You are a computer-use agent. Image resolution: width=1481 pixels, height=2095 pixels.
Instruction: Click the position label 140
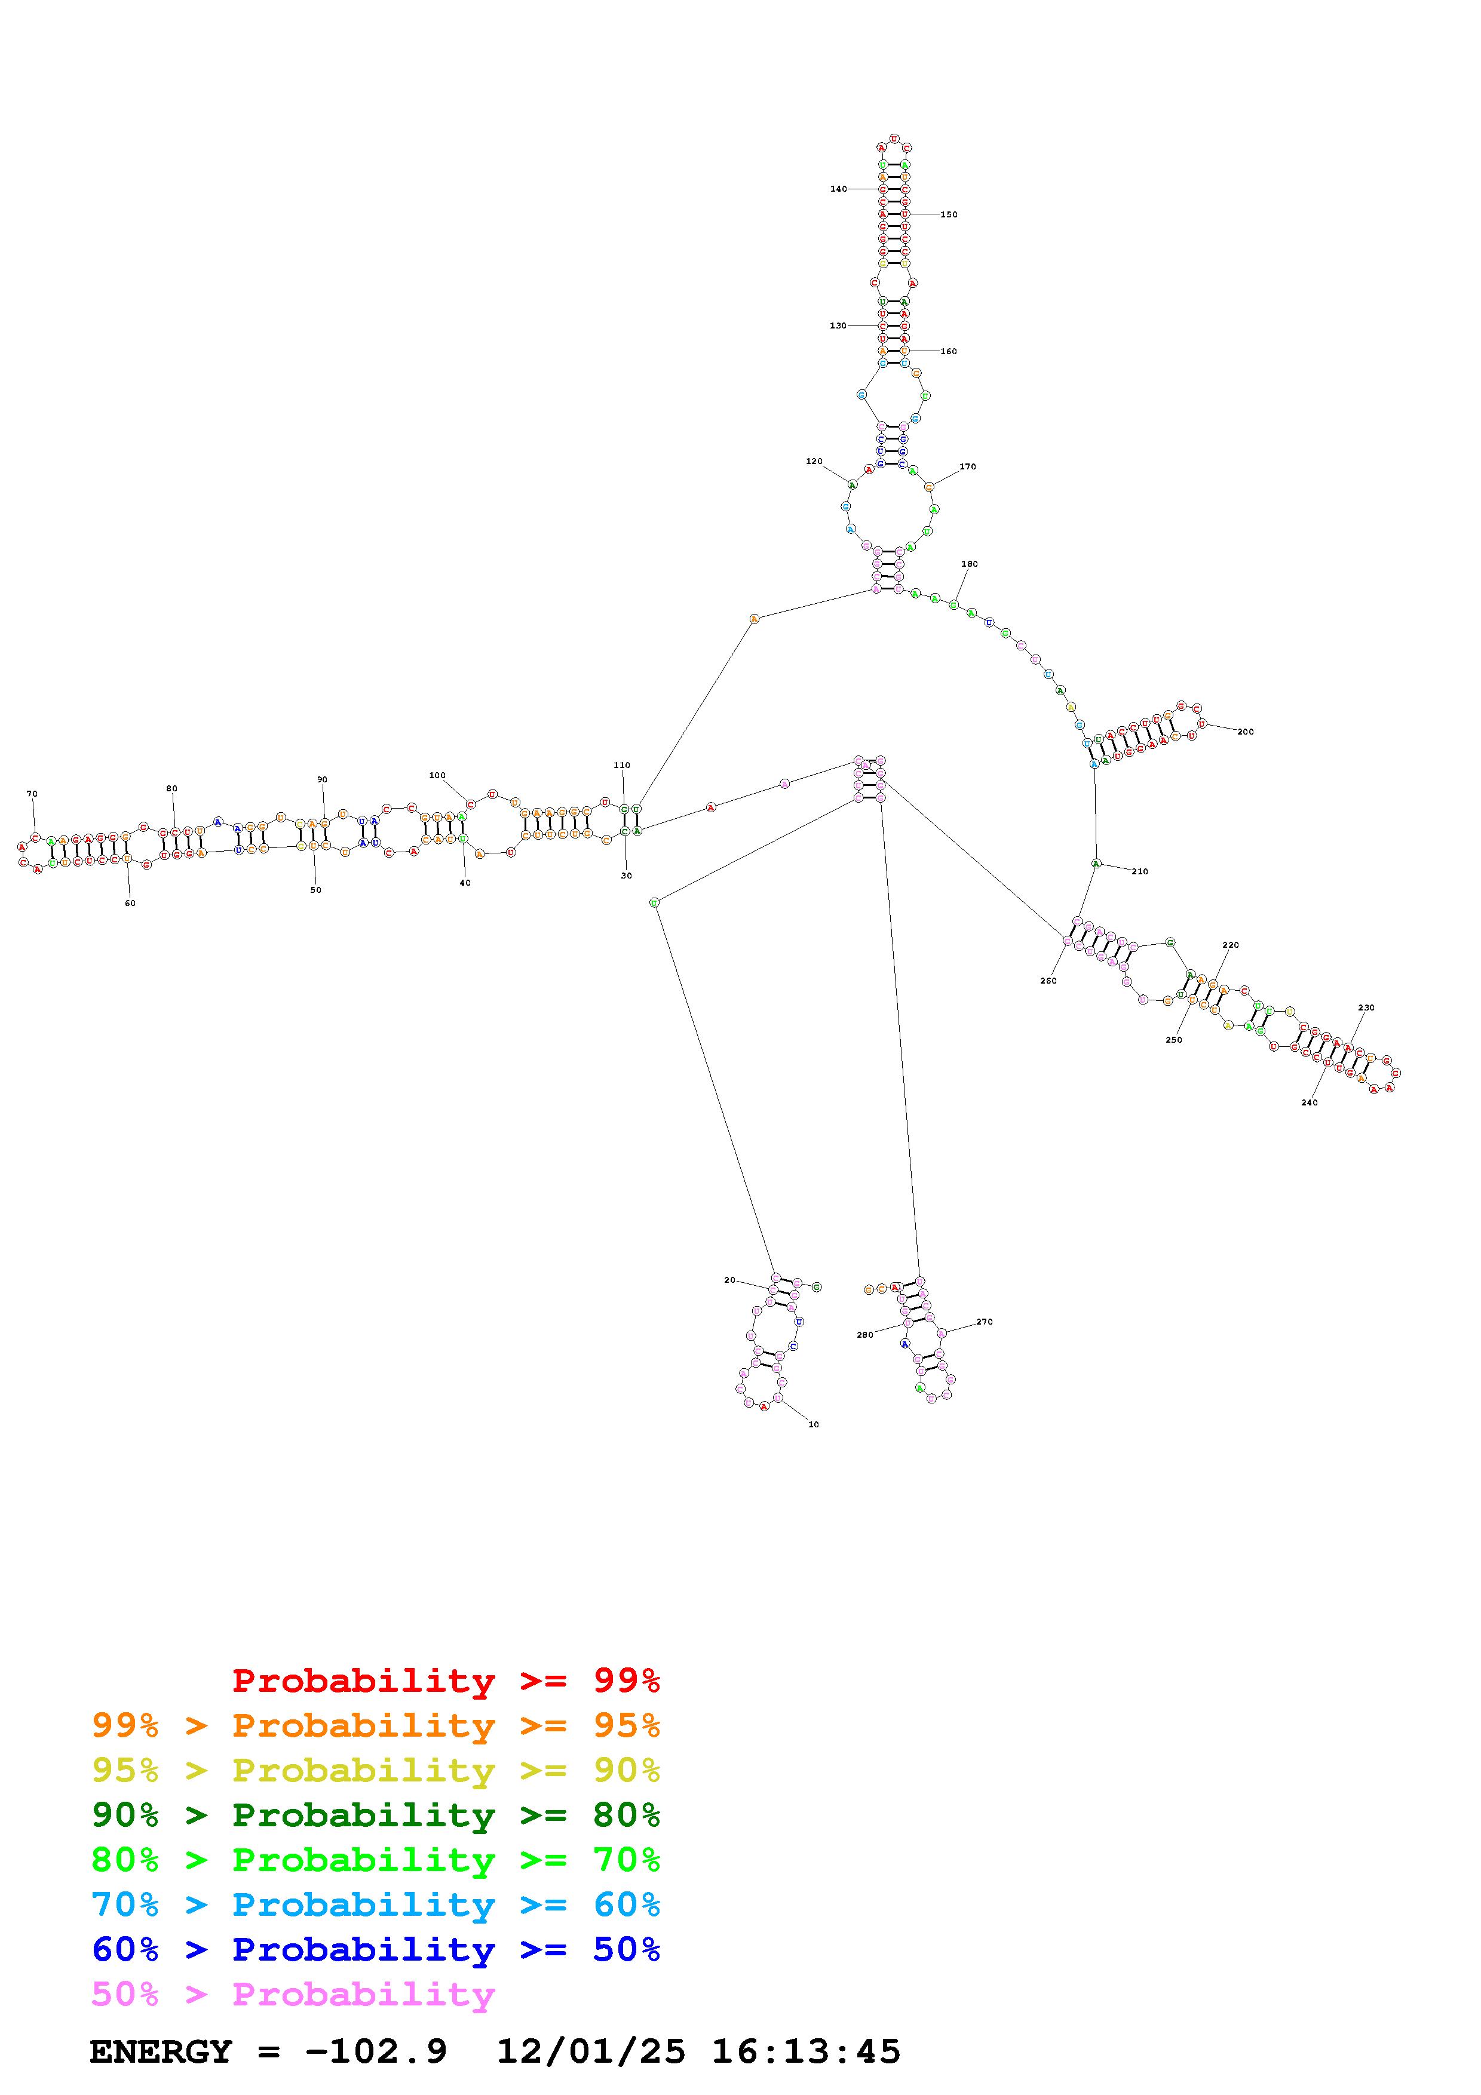[x=838, y=189]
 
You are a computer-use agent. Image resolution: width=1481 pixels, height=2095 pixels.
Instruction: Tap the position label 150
[x=949, y=214]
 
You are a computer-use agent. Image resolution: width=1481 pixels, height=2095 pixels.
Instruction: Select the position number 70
[x=32, y=794]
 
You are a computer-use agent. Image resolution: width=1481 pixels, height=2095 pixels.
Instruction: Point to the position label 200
[x=1246, y=732]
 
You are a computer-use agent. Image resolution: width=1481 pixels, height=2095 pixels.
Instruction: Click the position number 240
[x=1310, y=1102]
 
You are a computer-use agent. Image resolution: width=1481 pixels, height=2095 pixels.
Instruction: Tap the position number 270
[x=985, y=1321]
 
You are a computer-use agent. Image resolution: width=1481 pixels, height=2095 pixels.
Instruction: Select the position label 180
[x=969, y=564]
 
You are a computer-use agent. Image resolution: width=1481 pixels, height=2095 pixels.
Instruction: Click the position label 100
[x=437, y=776]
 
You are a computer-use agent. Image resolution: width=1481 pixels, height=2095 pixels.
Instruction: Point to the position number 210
[x=1140, y=871]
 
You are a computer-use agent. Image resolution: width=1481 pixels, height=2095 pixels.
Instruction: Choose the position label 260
[x=1048, y=981]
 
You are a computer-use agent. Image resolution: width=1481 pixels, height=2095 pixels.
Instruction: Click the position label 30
[x=626, y=876]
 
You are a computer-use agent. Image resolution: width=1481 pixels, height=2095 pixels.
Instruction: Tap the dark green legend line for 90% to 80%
[x=376, y=1815]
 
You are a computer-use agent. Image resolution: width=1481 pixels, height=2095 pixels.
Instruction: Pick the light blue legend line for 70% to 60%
[x=376, y=1904]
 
